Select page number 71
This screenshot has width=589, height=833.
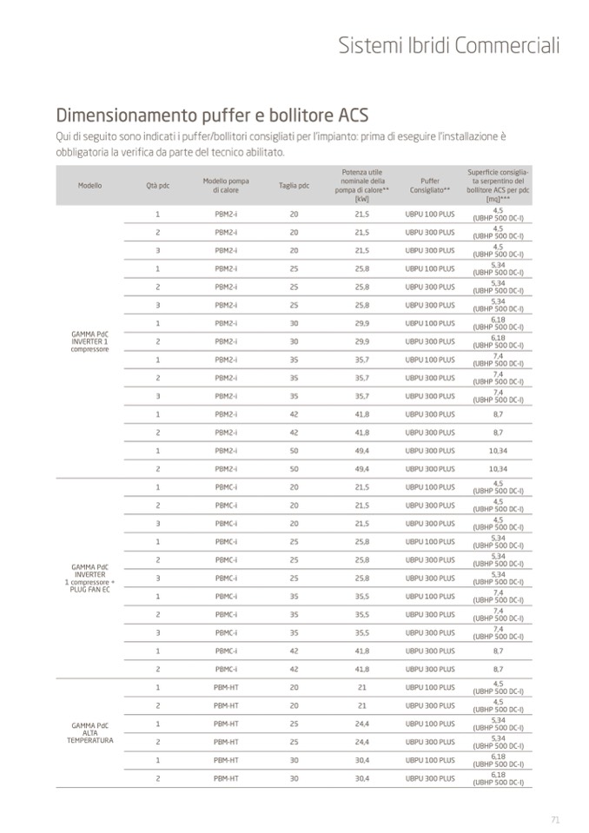(555, 819)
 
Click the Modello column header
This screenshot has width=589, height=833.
(89, 186)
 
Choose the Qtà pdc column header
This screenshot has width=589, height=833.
(157, 186)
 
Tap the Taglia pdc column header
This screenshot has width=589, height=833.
(294, 186)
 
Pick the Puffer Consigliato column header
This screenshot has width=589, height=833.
(429, 186)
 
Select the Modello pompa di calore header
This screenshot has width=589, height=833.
(226, 186)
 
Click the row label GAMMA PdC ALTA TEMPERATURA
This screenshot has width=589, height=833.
(89, 732)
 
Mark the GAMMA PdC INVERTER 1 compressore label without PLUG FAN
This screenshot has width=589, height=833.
(89, 340)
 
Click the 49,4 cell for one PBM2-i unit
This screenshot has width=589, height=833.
(362, 451)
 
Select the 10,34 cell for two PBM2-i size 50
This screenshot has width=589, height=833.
(498, 469)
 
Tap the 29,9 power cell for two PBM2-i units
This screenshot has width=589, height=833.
(362, 341)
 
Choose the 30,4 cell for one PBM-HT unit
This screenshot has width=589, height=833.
(362, 760)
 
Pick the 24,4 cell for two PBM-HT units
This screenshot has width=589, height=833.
(362, 742)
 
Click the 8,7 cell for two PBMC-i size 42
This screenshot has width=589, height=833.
(498, 669)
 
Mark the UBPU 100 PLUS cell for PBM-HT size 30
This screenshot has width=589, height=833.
(429, 760)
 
